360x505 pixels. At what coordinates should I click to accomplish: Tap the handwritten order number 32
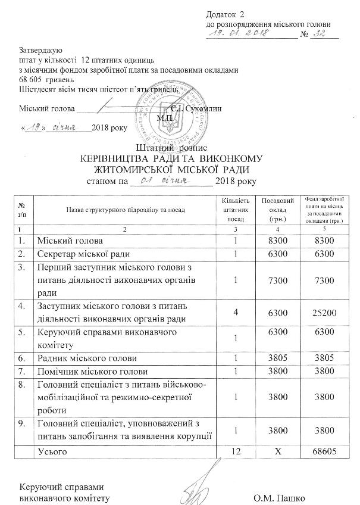click(320, 35)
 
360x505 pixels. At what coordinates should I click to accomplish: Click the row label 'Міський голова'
click(70, 241)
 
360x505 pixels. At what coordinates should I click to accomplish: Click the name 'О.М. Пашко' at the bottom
click(278, 497)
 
